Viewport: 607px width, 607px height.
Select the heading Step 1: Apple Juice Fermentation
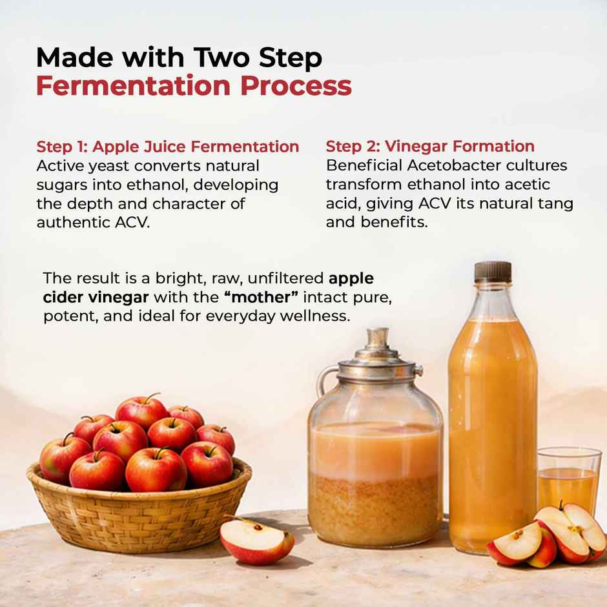[x=167, y=147]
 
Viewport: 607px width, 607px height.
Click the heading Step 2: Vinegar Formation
[x=430, y=147]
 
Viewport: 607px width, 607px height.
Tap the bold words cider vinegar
[x=96, y=298]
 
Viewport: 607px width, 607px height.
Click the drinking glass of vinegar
[x=568, y=481]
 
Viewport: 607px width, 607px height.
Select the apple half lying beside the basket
[x=256, y=540]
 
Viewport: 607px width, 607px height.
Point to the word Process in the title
[x=302, y=86]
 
